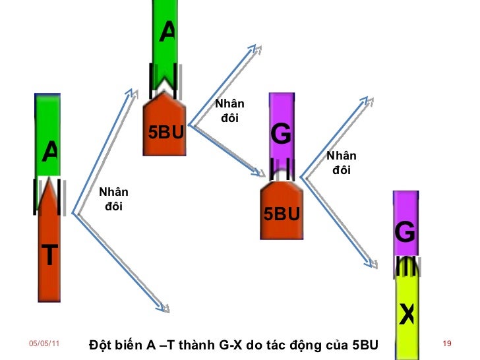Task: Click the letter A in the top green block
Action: point(168,30)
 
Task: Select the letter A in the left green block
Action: point(50,152)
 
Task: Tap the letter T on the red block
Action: point(50,254)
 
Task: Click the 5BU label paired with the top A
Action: point(165,133)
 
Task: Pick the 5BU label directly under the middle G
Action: point(282,214)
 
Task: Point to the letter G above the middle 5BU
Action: point(280,135)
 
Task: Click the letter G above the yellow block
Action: point(405,232)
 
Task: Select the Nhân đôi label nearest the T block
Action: point(113,199)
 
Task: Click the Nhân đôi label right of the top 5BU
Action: point(229,111)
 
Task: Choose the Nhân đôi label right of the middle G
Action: point(342,162)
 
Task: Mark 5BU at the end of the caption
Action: point(365,345)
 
